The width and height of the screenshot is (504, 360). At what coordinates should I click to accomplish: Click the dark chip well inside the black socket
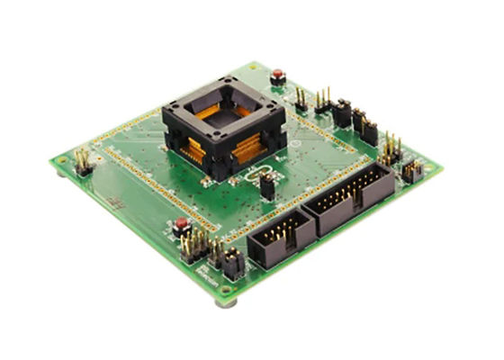[x=227, y=116]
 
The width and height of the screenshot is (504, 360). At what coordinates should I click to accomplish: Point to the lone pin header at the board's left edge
[x=83, y=162]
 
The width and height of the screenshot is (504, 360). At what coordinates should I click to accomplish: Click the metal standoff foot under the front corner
[x=226, y=302]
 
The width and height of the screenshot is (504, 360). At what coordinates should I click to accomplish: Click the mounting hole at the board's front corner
[x=227, y=289]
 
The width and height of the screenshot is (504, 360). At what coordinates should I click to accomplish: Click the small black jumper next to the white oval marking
[x=267, y=185]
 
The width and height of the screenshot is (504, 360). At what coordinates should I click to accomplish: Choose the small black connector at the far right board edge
[x=412, y=171]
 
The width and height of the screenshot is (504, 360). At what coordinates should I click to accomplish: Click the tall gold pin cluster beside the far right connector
[x=389, y=148]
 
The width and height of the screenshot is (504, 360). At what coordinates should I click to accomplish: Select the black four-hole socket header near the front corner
[x=231, y=263]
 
